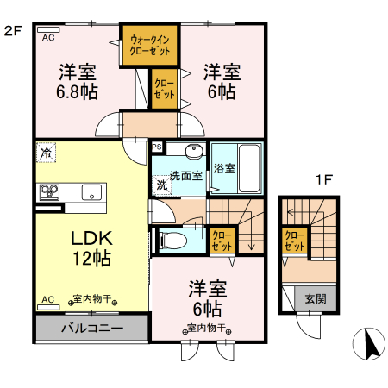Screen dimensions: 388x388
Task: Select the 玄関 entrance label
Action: point(315,299)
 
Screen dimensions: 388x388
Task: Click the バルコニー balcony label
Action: point(92,329)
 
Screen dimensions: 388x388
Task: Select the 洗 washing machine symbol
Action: point(162,184)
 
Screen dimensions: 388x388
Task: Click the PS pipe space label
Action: point(156,147)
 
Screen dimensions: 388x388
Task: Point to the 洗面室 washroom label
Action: point(185,176)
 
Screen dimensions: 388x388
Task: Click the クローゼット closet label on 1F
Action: point(295,240)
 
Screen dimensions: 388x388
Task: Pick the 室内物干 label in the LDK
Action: point(89,300)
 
